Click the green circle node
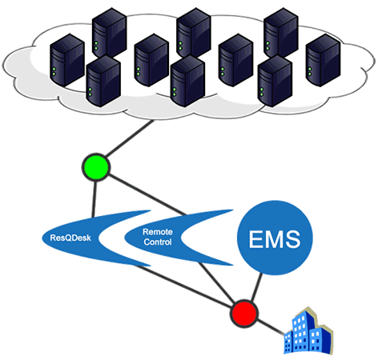[x=95, y=167]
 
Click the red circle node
[x=242, y=310]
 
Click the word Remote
[x=157, y=231]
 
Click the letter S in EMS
[x=294, y=239]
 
